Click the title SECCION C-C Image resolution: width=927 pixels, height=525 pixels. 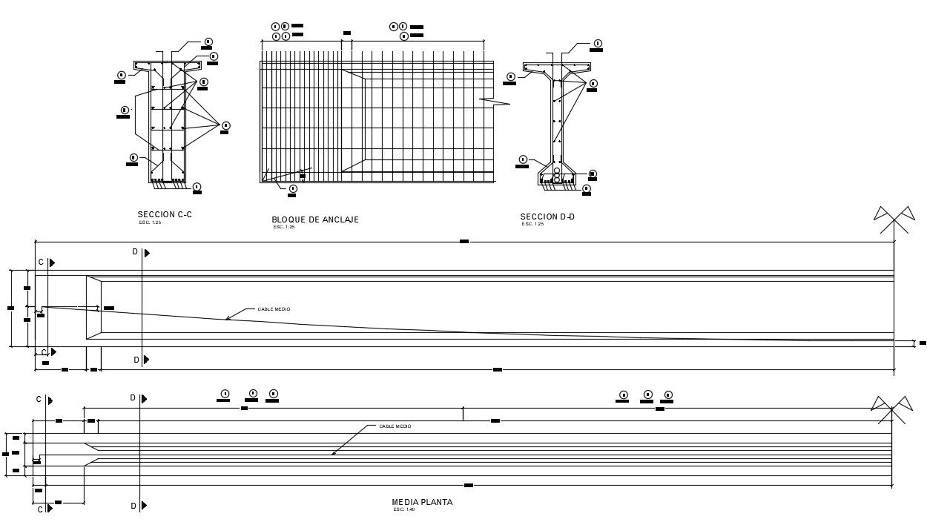tap(165, 214)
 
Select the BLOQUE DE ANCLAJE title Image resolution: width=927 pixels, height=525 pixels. tap(315, 219)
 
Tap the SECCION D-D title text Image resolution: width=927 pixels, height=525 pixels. tap(547, 217)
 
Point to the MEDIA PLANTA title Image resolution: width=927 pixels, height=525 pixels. tap(422, 502)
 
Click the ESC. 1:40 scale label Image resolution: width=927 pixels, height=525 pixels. tap(403, 509)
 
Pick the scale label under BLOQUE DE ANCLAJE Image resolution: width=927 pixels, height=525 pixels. tap(284, 227)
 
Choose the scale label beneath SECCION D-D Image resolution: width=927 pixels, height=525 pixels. tap(532, 224)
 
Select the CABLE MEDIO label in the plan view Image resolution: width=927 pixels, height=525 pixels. tap(395, 426)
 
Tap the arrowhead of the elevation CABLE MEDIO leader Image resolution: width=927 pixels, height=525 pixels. tap(227, 319)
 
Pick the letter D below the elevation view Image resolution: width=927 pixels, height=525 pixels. tap(136, 360)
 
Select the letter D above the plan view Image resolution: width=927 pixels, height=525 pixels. tap(133, 398)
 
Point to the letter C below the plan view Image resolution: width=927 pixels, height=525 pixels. tap(40, 509)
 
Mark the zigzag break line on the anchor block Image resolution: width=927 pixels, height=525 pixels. tap(495, 100)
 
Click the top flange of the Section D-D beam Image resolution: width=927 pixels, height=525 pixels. tap(556, 67)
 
